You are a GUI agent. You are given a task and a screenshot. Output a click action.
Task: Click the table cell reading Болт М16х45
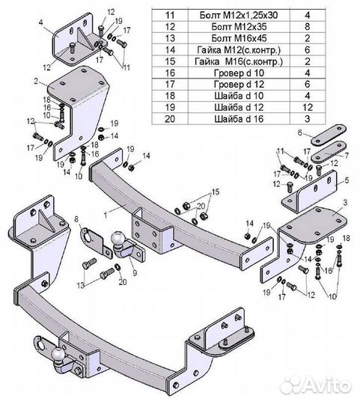coord(239,38)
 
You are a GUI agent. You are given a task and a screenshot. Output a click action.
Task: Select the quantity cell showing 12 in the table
coord(308,107)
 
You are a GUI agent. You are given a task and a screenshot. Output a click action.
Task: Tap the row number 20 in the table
coord(170,119)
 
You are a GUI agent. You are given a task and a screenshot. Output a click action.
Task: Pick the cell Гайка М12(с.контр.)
coord(239,49)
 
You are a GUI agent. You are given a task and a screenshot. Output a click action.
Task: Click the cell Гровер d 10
coord(239,73)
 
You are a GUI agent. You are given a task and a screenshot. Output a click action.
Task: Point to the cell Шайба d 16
coord(239,119)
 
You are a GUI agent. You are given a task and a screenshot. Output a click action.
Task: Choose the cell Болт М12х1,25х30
coord(239,15)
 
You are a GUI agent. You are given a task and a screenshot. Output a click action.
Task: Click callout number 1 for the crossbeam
coord(106,215)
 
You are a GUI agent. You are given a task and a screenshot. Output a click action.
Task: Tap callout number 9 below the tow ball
coord(135,273)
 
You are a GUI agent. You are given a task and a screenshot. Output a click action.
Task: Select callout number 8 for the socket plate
coord(76,219)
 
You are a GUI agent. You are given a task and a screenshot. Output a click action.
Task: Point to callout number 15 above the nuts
coord(216,192)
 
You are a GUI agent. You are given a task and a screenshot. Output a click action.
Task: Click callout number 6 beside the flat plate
coord(299,133)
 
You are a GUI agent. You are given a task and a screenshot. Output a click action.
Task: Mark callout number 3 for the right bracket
coord(345,203)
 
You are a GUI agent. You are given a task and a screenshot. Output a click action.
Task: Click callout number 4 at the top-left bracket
coord(41,22)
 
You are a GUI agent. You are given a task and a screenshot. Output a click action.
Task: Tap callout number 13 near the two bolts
coord(81,285)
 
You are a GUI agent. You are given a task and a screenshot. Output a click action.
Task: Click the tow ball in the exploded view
coord(118,239)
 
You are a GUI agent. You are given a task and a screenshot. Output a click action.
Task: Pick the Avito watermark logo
coord(316,385)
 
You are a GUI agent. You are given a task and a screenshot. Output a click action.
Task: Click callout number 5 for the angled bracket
coord(347,180)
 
